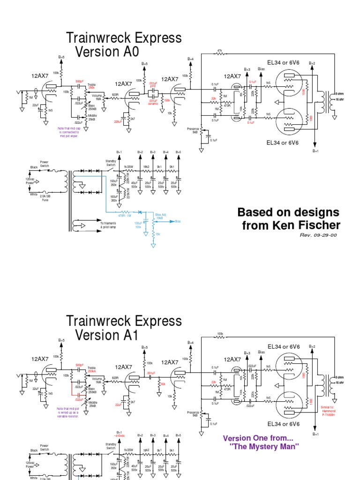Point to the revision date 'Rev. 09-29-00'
pos(318,235)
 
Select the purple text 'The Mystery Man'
pos(265,446)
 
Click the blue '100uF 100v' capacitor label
pos(138,225)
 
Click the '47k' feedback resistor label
pos(220,50)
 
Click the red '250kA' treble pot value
pos(91,371)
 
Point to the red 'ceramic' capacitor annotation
pos(153,103)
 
